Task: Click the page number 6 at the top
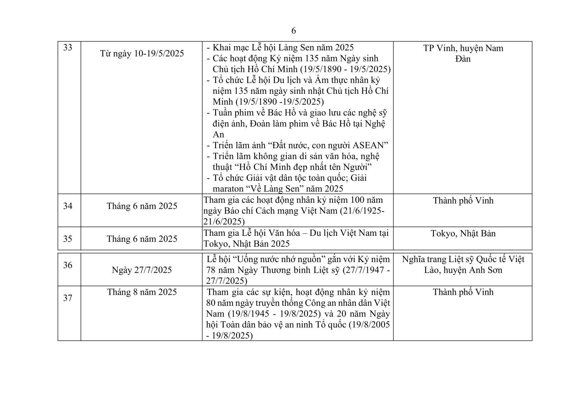[293, 31]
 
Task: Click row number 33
[68, 47]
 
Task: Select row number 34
[68, 206]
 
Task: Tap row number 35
[68, 239]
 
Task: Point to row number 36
[68, 265]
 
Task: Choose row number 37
[68, 298]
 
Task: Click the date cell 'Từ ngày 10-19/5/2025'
[142, 53]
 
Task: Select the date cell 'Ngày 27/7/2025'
[142, 270]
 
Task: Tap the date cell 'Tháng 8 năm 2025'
[142, 292]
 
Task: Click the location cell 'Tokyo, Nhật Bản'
[463, 233]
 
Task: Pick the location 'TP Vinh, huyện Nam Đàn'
[463, 53]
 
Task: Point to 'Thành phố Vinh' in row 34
[463, 201]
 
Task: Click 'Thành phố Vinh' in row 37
[463, 292]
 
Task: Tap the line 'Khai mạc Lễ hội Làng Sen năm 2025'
[283, 47]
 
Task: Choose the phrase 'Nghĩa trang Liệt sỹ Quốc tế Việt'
[463, 259]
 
